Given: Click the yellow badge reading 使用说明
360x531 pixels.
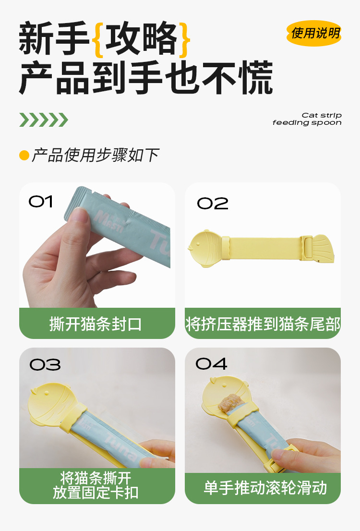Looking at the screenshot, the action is (313, 33).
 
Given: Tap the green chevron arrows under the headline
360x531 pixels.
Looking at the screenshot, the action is (44, 120).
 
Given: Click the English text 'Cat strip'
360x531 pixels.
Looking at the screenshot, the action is (322, 116).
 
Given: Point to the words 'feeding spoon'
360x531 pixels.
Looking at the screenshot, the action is (307, 122).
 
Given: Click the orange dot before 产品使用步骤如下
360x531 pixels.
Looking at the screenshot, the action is (24, 156).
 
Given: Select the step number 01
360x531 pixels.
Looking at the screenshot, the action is (41, 202).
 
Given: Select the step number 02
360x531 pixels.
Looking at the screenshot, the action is (212, 203).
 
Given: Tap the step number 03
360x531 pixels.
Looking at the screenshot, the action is (45, 365).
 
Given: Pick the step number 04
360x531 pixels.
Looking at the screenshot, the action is (211, 364).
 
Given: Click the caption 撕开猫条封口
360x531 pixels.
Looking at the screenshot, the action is (96, 324).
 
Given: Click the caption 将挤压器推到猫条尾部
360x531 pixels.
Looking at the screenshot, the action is (263, 324).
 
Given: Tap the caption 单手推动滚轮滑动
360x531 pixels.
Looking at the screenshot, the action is (265, 488).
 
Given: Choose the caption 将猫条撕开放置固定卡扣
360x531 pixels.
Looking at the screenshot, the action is (96, 485).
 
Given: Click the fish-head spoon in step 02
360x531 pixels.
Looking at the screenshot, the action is (205, 248).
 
